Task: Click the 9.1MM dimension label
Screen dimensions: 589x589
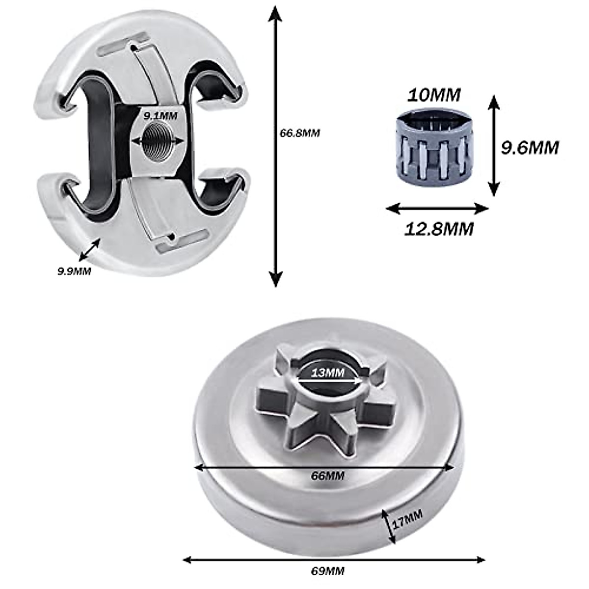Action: (161, 116)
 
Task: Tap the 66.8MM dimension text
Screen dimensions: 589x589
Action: (299, 133)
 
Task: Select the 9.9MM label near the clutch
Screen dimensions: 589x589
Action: (74, 270)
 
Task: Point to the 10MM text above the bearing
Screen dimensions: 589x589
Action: (434, 95)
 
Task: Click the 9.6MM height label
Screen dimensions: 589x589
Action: (530, 147)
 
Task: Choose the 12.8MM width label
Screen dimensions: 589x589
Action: (439, 228)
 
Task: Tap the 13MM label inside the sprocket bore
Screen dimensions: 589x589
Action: (328, 373)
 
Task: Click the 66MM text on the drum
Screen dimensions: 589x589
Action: (328, 476)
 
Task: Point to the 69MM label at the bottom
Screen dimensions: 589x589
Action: (328, 571)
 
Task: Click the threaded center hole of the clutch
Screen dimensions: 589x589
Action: (159, 141)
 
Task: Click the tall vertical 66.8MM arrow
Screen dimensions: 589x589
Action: (276, 147)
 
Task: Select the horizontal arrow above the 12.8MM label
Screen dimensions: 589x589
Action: (437, 209)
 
